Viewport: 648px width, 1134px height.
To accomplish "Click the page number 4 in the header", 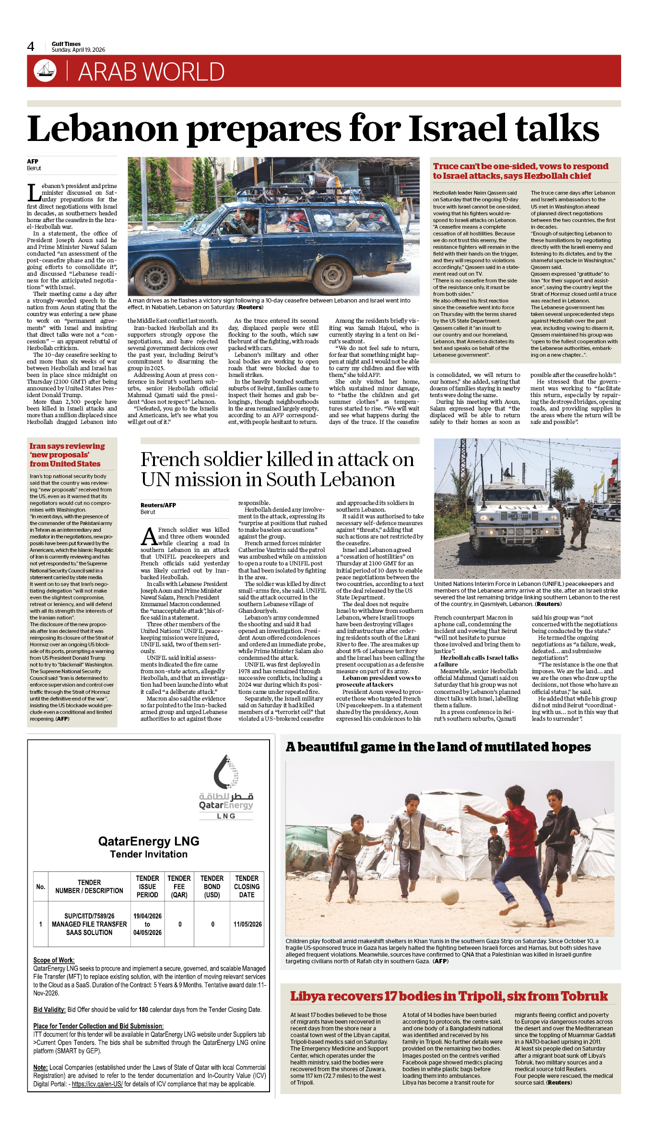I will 31,47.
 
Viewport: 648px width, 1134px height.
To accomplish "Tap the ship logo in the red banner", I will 45,70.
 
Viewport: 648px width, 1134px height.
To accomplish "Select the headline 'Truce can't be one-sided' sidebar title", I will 520,171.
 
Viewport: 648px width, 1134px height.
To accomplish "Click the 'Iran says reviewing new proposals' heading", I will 67,455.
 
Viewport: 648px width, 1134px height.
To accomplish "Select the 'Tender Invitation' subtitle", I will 149,854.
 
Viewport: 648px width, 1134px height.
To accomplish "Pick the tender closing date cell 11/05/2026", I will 247,924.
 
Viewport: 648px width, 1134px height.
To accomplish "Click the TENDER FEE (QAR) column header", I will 179,886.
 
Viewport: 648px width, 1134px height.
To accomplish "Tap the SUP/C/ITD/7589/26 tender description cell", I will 89,924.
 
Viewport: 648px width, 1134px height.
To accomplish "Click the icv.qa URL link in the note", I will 97,1084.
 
